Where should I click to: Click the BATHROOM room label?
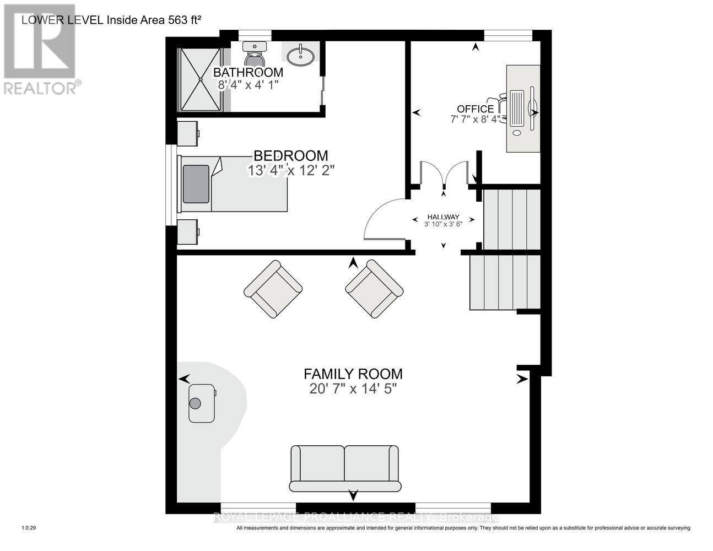coord(248,72)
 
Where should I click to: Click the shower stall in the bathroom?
coord(201,79)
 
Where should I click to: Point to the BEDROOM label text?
coord(290,156)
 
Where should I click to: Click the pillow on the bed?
coord(196,184)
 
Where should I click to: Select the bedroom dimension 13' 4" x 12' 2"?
coord(291,171)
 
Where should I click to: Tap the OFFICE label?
coord(475,109)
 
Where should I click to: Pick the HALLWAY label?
coord(443,217)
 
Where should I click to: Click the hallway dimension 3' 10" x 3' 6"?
coord(443,224)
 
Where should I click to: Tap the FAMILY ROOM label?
coord(353,374)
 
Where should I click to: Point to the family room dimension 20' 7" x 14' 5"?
coord(353,389)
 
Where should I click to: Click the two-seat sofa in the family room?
coord(345,468)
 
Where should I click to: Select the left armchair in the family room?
coord(273,289)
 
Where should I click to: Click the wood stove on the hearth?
coord(201,403)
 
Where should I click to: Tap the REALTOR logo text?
coord(41,87)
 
